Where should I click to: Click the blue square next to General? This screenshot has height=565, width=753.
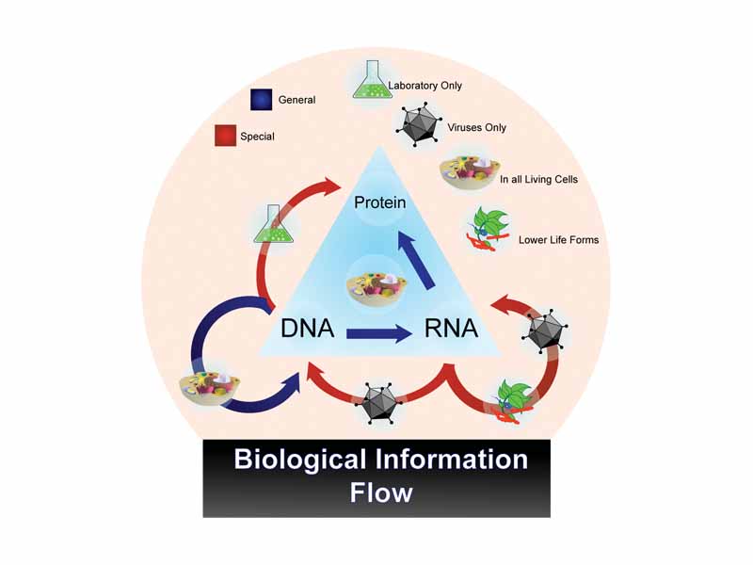pyautogui.click(x=262, y=100)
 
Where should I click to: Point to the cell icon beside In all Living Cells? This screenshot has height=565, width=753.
pyautogui.click(x=468, y=175)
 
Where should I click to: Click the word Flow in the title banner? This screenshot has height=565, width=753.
pyautogui.click(x=380, y=492)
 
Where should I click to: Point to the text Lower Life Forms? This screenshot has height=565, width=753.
pyautogui.click(x=558, y=239)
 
